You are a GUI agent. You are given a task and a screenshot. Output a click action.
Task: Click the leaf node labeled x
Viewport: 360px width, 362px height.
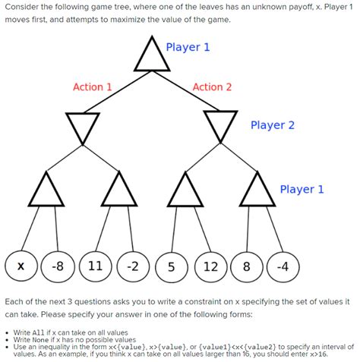tap(21, 266)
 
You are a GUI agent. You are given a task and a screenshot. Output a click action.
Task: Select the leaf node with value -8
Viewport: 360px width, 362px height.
tap(57, 266)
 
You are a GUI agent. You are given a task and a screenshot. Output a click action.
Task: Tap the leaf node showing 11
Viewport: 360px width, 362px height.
tap(96, 266)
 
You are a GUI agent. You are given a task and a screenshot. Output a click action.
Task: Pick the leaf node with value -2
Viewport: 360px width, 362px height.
tap(133, 266)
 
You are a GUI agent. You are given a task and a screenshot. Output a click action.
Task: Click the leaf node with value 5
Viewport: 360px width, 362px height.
tap(172, 266)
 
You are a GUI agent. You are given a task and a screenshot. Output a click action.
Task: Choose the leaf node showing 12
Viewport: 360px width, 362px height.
tap(210, 266)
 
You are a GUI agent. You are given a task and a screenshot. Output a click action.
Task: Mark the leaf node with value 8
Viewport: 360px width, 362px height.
tap(246, 266)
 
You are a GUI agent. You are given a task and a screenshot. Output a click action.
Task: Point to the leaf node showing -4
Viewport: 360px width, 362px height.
tap(283, 266)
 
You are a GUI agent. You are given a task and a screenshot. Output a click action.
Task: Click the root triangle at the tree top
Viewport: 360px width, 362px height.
tap(148, 55)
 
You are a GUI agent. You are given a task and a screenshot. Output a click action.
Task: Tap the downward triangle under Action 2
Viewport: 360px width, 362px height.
tap(220, 125)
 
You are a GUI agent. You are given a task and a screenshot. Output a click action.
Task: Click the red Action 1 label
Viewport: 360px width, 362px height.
tap(92, 87)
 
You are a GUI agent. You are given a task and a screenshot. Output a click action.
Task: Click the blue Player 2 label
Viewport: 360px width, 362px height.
tap(273, 124)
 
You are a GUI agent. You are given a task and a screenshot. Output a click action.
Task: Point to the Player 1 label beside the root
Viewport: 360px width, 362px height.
tap(188, 47)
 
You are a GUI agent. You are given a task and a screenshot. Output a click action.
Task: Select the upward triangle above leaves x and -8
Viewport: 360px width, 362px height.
tap(47, 190)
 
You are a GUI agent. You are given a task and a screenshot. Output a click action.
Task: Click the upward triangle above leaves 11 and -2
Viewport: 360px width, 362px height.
tap(118, 190)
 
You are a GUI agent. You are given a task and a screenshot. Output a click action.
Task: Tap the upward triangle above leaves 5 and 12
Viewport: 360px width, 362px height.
tap(185, 190)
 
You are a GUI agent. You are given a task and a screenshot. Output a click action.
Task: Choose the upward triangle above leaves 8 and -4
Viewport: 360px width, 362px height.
tap(256, 190)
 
